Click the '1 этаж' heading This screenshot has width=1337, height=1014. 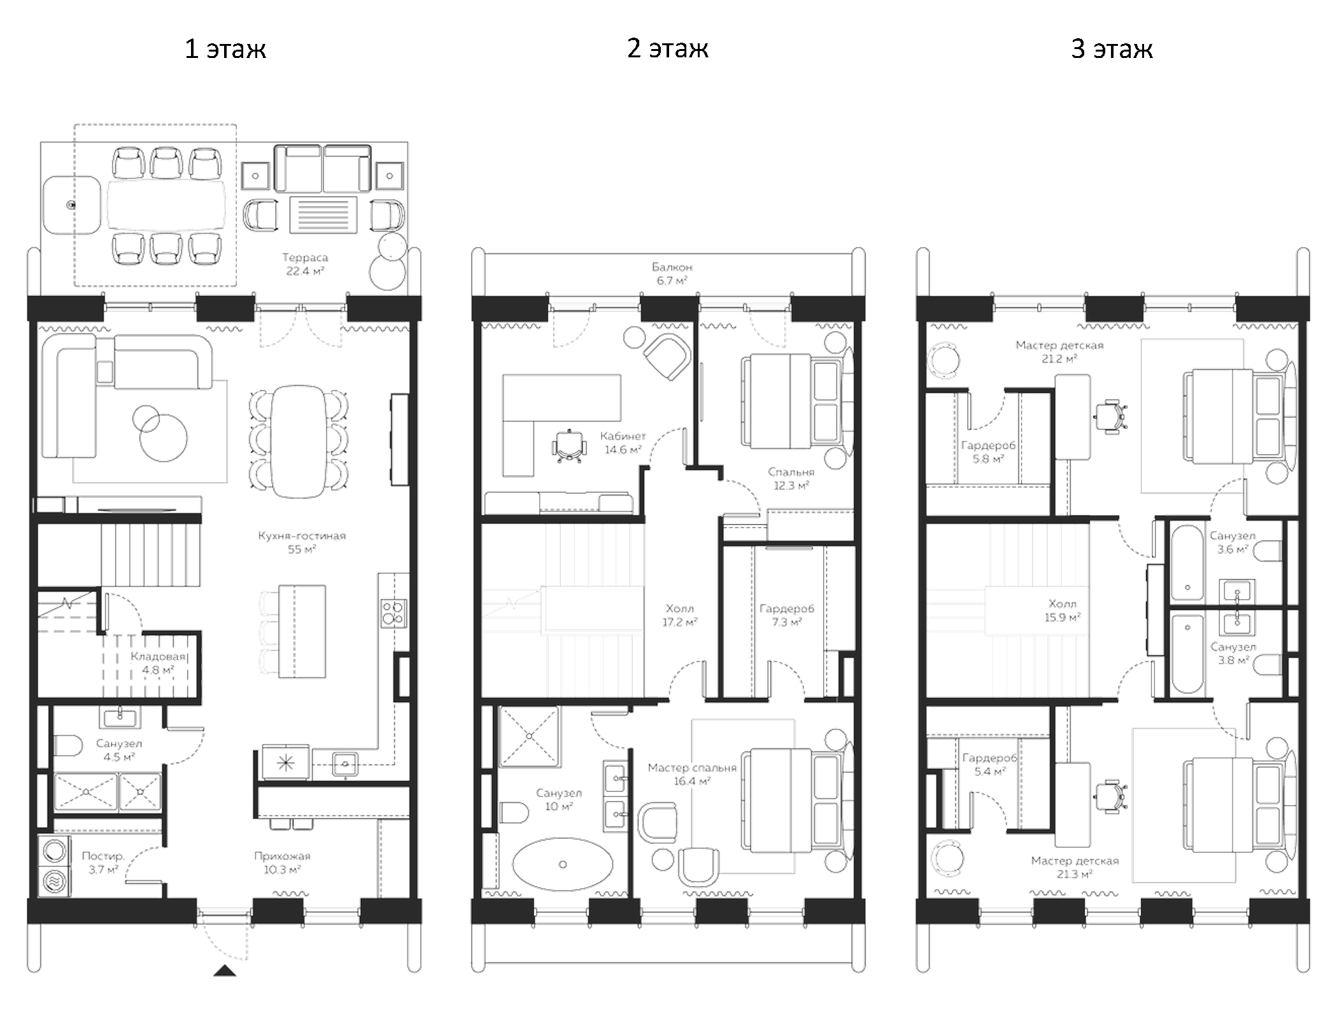point(225,49)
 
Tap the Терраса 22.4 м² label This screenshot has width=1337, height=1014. point(305,264)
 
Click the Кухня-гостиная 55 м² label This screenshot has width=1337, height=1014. point(302,542)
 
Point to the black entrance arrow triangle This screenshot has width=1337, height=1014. point(224,971)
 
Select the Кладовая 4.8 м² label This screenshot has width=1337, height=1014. point(158,663)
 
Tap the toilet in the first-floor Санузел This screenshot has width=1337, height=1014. point(68,745)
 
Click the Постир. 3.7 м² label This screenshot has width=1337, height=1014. point(103,862)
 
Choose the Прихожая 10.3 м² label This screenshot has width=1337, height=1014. point(282,862)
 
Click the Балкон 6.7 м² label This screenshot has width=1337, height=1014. point(672,274)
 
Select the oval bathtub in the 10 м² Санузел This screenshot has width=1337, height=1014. point(562,864)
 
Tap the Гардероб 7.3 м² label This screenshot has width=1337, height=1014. point(786,615)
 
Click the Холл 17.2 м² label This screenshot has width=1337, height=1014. point(679,615)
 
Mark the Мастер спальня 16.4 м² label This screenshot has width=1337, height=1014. point(692,774)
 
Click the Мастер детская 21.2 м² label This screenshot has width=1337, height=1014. point(1059,352)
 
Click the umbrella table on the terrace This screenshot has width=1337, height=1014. point(72,205)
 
